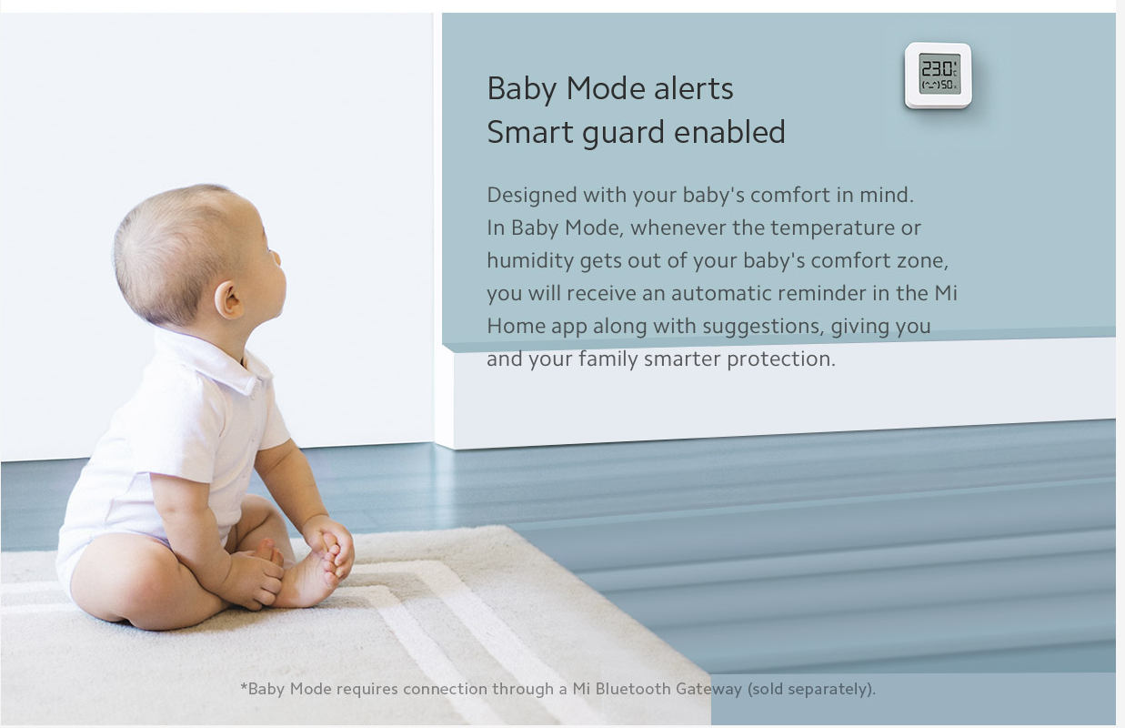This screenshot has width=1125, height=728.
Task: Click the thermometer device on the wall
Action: coord(939,76)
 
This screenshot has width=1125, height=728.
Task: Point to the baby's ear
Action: coord(229,299)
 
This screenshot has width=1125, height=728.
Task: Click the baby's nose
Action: coord(276,258)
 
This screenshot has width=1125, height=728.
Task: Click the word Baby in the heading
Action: coord(522,90)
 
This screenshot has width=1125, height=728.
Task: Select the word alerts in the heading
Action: coord(694,88)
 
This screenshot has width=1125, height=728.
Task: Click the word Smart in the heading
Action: coord(530,132)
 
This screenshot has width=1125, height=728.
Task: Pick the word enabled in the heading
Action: coord(729,132)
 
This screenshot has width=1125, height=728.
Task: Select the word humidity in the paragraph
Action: coord(530,261)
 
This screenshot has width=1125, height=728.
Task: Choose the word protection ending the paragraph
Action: coord(781,359)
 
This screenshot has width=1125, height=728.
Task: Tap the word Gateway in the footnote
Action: coord(708,689)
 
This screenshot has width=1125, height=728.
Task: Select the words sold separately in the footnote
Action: coord(810,689)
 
